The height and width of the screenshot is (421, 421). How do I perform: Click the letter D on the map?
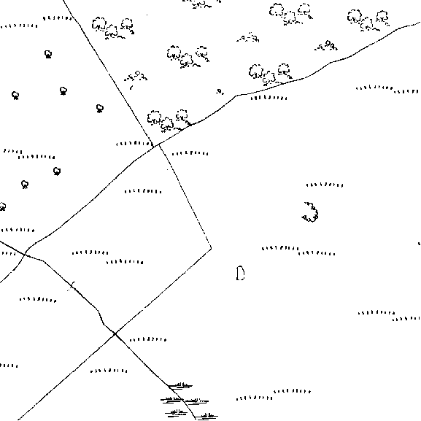click(240, 274)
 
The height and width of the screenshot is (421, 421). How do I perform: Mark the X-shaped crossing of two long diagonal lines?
click(115, 333)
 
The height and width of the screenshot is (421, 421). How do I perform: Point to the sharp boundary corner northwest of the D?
click(211, 248)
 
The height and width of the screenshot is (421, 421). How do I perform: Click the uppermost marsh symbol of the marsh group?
click(180, 386)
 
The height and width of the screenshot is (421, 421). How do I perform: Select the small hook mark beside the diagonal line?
click(72, 286)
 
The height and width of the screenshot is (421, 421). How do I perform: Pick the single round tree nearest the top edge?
click(48, 54)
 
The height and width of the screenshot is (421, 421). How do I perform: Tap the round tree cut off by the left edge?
click(2, 206)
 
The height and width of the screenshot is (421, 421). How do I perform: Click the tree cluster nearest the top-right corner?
click(368, 20)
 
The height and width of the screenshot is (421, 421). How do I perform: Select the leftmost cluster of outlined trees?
click(113, 28)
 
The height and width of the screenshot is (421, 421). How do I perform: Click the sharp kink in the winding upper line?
click(236, 96)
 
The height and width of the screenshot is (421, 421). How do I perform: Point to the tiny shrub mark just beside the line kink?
click(220, 92)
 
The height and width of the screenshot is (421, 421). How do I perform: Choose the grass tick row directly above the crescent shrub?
click(325, 185)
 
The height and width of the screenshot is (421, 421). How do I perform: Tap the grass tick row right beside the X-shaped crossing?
click(148, 340)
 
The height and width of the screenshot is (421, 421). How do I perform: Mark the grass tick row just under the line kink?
click(269, 98)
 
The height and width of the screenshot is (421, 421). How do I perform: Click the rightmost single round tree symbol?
click(100, 109)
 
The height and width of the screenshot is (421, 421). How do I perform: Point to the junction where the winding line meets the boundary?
click(158, 144)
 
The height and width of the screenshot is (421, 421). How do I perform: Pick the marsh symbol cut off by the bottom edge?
click(206, 417)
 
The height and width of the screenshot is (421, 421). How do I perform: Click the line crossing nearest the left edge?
click(25, 254)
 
